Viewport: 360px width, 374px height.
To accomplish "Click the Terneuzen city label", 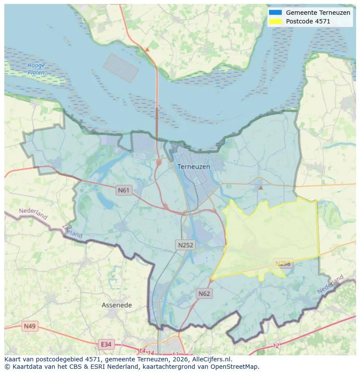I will tap(193, 166).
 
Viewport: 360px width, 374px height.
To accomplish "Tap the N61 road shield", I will tap(124, 190).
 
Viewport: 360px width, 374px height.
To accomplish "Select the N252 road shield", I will tap(186, 245).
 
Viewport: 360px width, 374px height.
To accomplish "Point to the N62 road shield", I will tap(204, 294).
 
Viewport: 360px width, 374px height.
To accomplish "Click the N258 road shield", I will tap(283, 263).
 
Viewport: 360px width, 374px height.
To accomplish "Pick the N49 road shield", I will tap(30, 326).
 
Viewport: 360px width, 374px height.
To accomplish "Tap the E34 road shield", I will tap(106, 344).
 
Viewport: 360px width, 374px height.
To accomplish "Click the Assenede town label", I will tap(117, 305).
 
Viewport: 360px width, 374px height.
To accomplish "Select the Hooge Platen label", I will tap(36, 69).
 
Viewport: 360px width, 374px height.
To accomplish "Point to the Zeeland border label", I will tap(72, 231).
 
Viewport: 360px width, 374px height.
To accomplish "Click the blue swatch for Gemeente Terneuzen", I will tap(276, 13).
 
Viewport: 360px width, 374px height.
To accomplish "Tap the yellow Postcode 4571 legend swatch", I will tap(276, 21).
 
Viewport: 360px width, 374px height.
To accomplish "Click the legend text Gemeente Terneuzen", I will tap(318, 13).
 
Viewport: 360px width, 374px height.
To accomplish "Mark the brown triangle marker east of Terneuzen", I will tap(260, 188).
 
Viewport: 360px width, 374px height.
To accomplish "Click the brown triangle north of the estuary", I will tap(147, 50).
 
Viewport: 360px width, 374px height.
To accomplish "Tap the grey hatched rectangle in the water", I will tap(121, 68).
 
